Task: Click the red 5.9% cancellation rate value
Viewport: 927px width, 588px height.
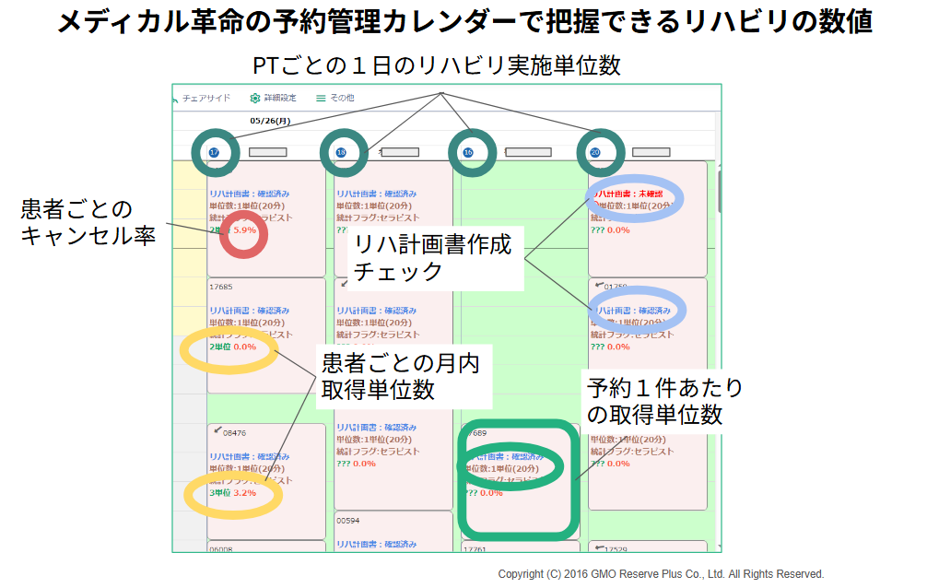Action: (x=244, y=229)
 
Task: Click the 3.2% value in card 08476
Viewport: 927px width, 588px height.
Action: (x=244, y=493)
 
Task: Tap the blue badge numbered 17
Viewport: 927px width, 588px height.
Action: (x=214, y=152)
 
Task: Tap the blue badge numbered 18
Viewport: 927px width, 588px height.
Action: (x=342, y=152)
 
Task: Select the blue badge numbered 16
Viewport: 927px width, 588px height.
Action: (x=469, y=152)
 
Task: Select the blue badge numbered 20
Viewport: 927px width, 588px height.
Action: (x=595, y=152)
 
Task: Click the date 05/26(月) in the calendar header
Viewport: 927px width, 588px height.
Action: (x=270, y=121)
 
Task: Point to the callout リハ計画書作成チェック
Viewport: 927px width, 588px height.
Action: (x=433, y=260)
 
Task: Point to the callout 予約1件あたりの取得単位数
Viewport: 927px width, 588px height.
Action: (x=664, y=400)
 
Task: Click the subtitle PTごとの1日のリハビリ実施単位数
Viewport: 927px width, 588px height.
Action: (x=437, y=65)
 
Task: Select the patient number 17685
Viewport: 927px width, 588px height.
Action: (x=221, y=287)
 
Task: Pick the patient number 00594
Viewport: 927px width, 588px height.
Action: (x=347, y=520)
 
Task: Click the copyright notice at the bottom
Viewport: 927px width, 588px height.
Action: (x=661, y=573)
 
